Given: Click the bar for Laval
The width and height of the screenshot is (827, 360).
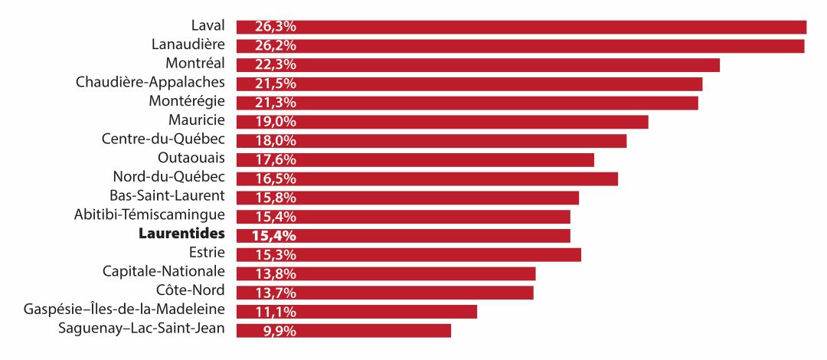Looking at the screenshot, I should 521,27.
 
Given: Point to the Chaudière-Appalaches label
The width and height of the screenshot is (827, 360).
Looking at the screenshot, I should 150,82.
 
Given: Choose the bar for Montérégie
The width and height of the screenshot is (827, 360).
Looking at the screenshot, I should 467,103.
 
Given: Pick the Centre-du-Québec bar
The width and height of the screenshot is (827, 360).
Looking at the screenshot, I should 431,141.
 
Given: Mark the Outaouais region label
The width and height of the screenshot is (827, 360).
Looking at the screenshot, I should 191,158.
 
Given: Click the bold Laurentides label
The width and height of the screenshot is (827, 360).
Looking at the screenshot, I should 181,234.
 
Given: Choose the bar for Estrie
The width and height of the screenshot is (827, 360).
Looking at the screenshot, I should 408,254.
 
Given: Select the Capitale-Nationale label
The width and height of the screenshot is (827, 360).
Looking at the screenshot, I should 164,271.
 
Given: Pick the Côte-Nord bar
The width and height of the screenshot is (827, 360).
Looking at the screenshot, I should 384,293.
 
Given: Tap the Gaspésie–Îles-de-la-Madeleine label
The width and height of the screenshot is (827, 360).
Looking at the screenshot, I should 124,309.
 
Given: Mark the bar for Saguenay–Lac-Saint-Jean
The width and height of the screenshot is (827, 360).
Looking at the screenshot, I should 343,331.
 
